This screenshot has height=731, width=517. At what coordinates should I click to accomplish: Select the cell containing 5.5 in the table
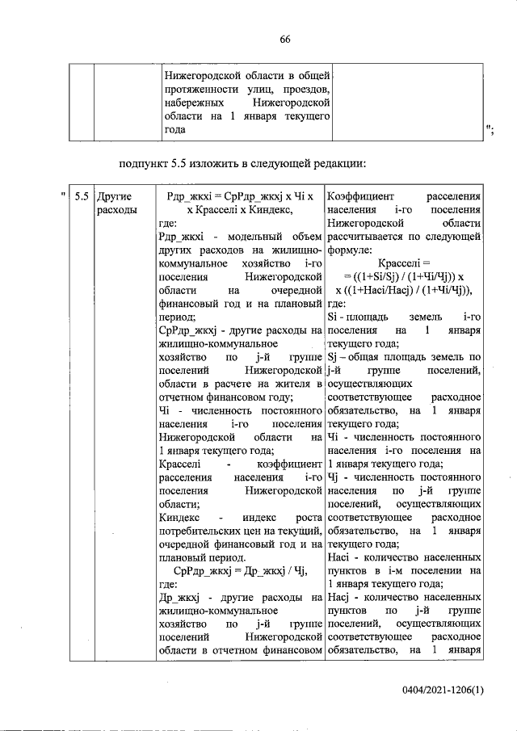pyautogui.click(x=81, y=196)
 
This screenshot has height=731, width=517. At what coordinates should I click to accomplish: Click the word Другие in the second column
pyautogui.click(x=113, y=196)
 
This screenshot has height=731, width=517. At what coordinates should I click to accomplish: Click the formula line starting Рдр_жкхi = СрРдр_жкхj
pyautogui.click(x=240, y=196)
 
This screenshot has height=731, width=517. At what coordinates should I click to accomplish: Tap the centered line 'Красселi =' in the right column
pyautogui.click(x=404, y=263)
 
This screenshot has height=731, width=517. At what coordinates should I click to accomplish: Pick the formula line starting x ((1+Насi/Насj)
pyautogui.click(x=404, y=290)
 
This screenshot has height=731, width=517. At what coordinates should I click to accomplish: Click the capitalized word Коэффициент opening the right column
pyautogui.click(x=359, y=196)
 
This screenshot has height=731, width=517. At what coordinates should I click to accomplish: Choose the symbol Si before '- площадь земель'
pyautogui.click(x=334, y=317)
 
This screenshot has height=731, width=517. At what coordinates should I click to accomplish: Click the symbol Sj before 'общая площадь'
pyautogui.click(x=334, y=357)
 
